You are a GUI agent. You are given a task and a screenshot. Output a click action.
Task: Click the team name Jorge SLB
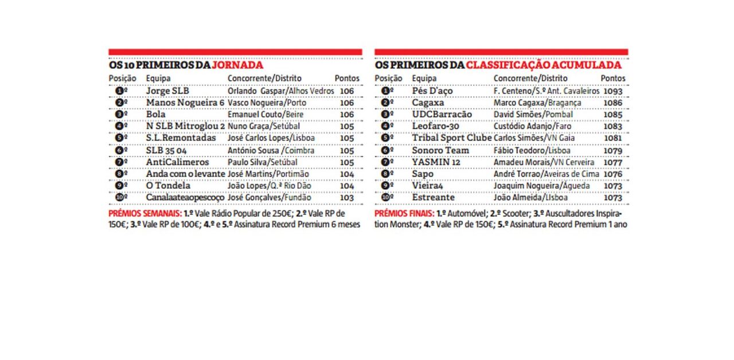tap(167, 91)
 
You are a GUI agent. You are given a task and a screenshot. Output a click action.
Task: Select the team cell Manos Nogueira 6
tap(185, 103)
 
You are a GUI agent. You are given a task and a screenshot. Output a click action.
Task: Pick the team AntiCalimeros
tap(178, 162)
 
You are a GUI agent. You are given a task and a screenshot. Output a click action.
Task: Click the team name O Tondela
tap(168, 186)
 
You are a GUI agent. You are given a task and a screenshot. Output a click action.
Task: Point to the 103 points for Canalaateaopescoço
tap(347, 198)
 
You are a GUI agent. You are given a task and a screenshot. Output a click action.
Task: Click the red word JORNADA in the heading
tap(237, 65)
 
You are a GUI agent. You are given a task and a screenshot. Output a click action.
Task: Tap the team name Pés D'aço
tap(433, 91)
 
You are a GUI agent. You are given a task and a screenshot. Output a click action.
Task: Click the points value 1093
tap(612, 91)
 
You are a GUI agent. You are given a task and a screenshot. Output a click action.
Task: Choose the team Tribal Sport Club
tap(452, 138)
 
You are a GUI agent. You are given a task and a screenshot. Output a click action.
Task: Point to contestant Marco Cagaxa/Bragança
tap(537, 103)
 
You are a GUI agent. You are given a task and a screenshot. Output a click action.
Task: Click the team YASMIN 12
tap(436, 162)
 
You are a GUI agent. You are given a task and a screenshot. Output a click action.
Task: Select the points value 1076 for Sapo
tap(612, 174)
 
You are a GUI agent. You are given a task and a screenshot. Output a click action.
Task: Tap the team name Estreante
tap(433, 198)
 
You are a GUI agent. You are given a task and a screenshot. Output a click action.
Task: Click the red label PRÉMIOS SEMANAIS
tap(145, 213)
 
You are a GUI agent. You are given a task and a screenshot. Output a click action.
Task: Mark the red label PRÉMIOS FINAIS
tap(404, 213)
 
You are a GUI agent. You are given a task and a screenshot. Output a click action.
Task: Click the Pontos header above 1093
tap(612, 78)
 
